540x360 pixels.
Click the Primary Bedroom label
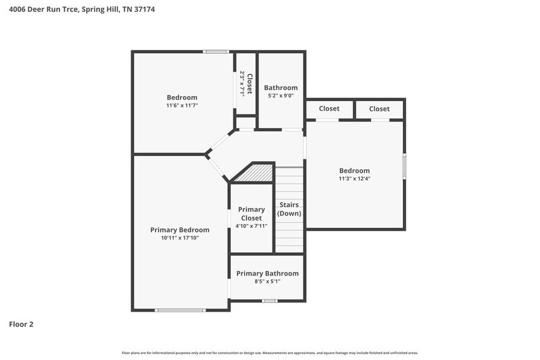click(x=179, y=230)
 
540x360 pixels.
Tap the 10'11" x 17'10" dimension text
click(x=179, y=238)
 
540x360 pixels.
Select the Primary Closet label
click(x=251, y=214)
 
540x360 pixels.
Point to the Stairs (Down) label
click(x=289, y=209)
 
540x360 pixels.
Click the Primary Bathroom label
click(x=266, y=274)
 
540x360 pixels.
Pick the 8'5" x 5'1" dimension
click(x=266, y=282)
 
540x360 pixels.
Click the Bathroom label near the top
click(x=280, y=88)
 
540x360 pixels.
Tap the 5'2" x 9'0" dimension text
click(x=280, y=96)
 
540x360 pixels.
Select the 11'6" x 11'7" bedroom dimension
click(x=182, y=105)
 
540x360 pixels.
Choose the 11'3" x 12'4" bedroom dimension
click(x=354, y=179)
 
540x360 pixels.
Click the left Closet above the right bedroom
click(x=329, y=109)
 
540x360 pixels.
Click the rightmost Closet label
click(x=379, y=109)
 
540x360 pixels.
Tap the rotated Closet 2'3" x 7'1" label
click(x=246, y=83)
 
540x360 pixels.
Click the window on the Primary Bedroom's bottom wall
click(x=179, y=310)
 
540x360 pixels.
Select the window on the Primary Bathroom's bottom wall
click(x=269, y=301)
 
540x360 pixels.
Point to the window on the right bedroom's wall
click(x=404, y=166)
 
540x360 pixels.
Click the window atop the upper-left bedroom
click(x=216, y=51)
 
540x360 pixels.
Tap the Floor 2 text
click(x=21, y=324)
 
